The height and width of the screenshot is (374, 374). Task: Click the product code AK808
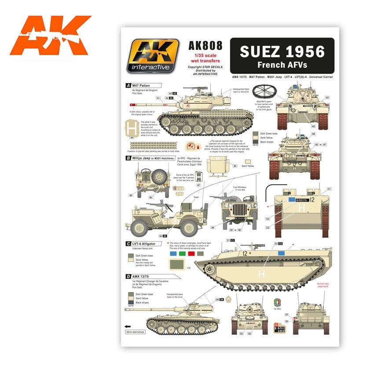(x=205, y=46)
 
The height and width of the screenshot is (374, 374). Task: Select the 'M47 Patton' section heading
(x=140, y=85)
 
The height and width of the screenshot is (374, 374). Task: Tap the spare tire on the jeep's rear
(x=158, y=177)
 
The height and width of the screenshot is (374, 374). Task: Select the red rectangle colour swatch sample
(x=191, y=253)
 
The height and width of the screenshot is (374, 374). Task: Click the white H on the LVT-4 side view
(x=262, y=274)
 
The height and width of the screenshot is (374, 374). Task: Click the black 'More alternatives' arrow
(x=128, y=326)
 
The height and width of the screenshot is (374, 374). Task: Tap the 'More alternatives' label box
(x=136, y=332)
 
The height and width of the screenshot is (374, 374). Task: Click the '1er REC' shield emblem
(x=277, y=302)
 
